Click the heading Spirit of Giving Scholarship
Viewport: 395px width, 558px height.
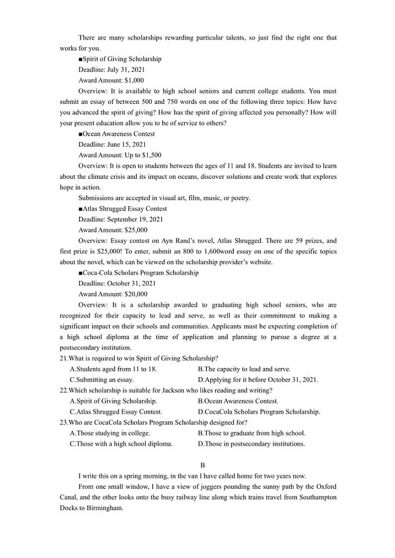120,59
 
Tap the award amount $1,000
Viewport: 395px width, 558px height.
111,80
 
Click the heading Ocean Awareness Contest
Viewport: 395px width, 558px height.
116,134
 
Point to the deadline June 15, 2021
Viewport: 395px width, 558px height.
112,145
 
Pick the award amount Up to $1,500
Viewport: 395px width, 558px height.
119,156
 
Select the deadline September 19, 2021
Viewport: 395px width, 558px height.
120,220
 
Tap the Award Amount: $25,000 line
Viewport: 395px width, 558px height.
113,230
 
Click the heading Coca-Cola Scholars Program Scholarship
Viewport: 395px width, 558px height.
138,273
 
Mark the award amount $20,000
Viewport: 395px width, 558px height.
113,294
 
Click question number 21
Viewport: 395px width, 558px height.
63,359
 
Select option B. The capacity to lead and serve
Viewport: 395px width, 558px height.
244,369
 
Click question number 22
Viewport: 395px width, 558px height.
63,391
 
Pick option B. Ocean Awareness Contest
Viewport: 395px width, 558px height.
238,401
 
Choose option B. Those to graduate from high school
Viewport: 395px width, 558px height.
251,433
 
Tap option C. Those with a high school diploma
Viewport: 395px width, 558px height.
121,444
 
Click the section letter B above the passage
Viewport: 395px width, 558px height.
202,466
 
